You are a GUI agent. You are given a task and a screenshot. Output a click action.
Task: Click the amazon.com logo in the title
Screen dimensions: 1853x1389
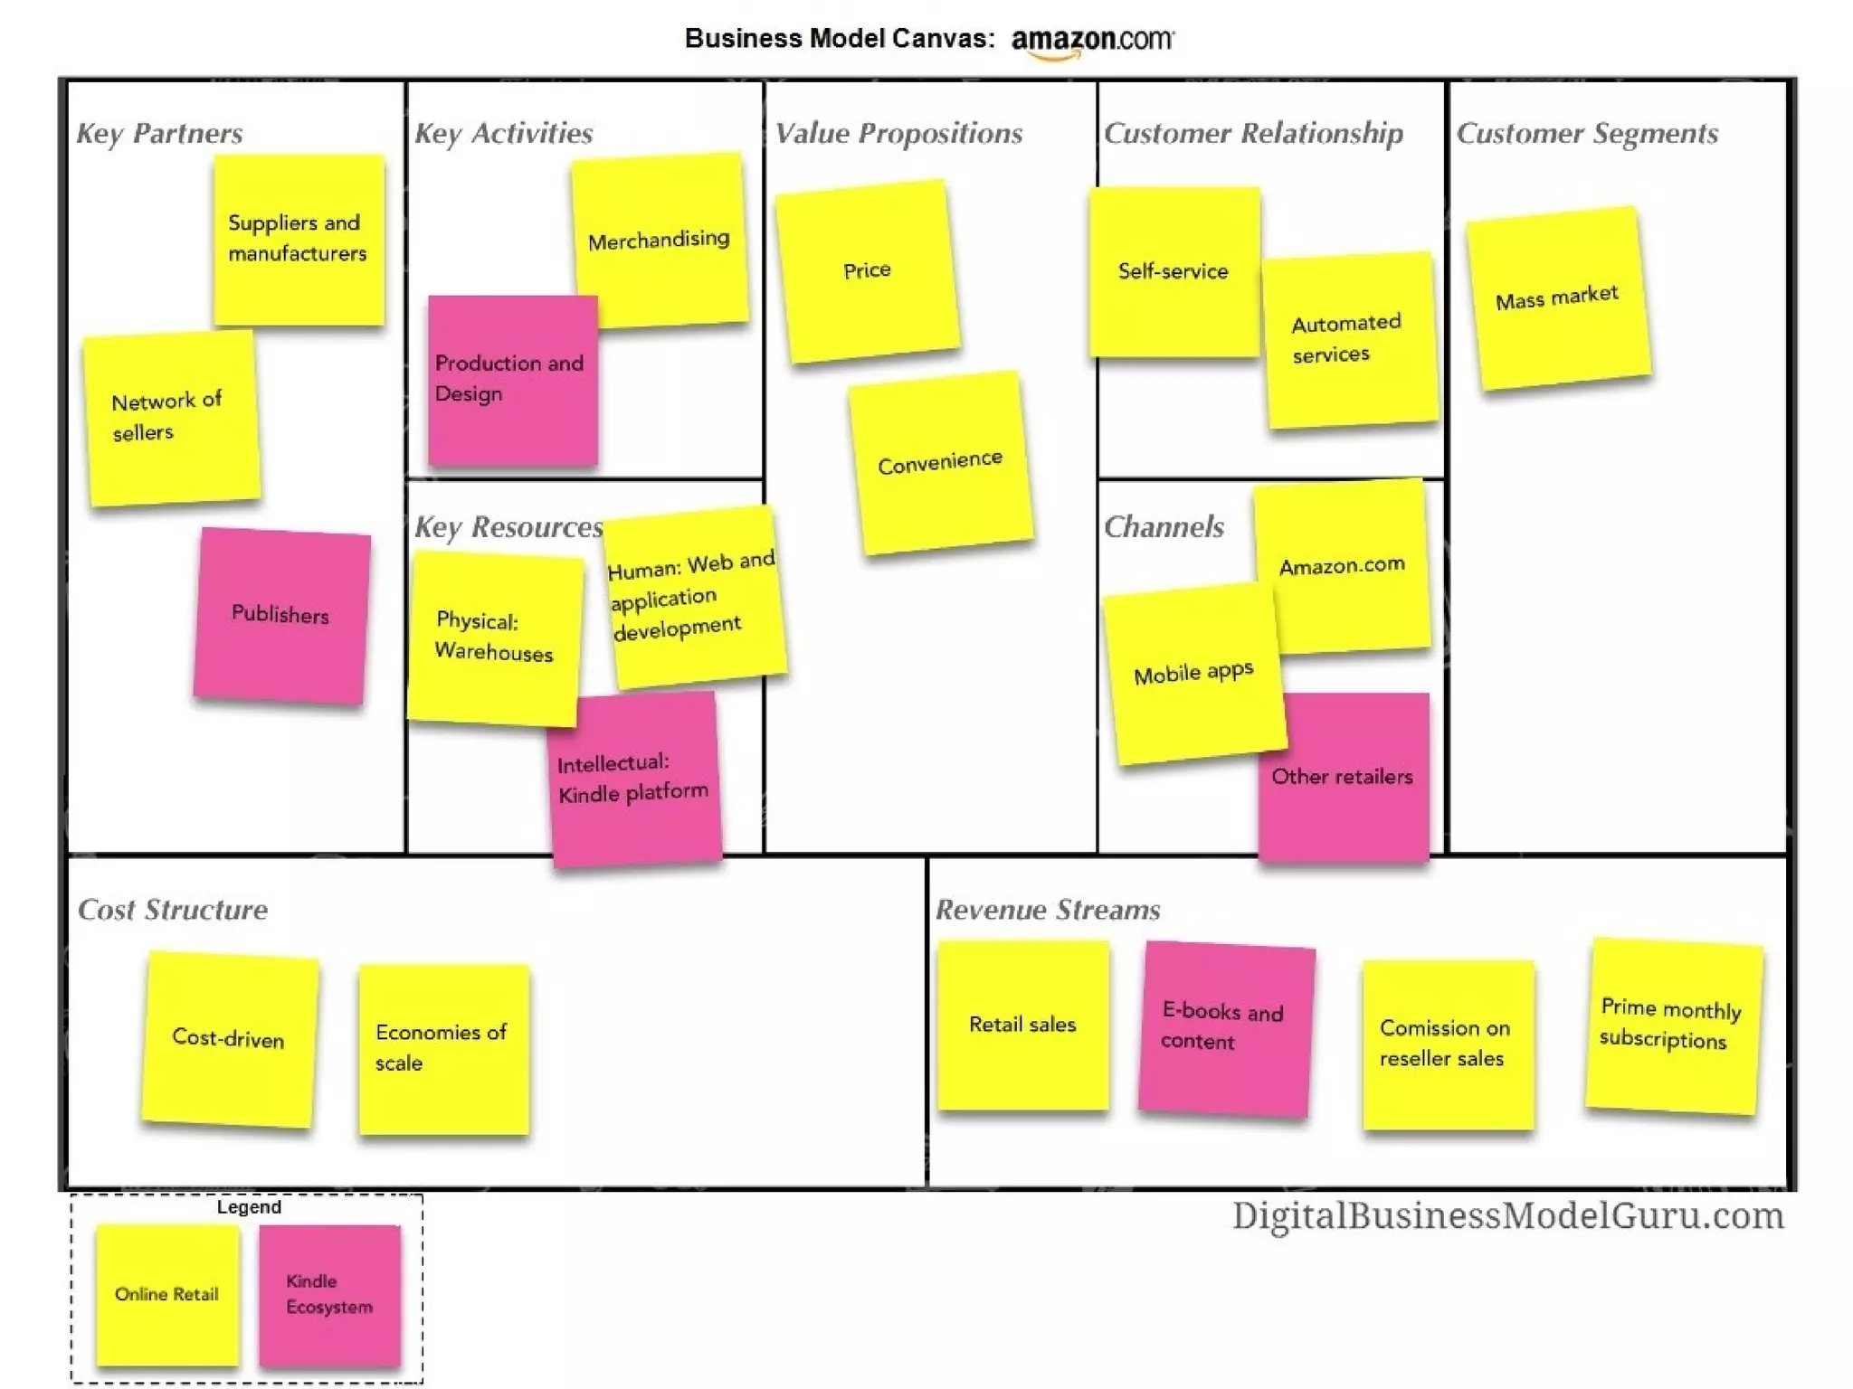[1092, 41]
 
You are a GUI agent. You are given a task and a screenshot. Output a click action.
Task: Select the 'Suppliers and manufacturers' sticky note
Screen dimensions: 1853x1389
[299, 240]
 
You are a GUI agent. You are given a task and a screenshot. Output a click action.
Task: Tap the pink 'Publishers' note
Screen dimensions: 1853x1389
[280, 615]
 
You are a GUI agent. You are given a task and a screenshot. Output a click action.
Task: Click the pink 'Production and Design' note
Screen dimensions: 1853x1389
[511, 380]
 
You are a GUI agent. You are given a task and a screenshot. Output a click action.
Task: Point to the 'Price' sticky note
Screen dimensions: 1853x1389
[867, 270]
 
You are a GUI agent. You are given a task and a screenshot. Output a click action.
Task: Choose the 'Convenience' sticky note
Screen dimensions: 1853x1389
[940, 463]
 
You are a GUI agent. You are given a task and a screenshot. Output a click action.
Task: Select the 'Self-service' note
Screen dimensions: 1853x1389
[1173, 271]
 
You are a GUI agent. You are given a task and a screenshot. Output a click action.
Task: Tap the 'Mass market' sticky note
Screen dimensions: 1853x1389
[1557, 298]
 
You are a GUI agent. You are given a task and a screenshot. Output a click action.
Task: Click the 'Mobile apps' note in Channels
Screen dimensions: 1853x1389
[1193, 674]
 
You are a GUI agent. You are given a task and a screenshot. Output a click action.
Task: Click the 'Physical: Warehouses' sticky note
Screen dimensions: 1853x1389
[494, 638]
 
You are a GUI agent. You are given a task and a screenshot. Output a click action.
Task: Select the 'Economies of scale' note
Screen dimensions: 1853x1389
[443, 1048]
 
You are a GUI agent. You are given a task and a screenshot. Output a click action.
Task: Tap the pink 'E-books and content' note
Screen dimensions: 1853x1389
[1225, 1028]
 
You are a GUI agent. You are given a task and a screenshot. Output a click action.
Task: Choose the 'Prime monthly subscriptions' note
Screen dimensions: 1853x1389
[1672, 1025]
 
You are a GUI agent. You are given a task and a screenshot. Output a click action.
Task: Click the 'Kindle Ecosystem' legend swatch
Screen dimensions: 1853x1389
[329, 1294]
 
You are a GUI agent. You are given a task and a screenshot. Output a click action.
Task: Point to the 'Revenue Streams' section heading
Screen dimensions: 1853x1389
[1048, 910]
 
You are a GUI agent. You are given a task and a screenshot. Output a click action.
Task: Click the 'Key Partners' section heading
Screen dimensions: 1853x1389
[159, 134]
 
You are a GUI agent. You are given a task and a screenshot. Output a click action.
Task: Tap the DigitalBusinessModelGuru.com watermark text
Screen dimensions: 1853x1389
[1507, 1216]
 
